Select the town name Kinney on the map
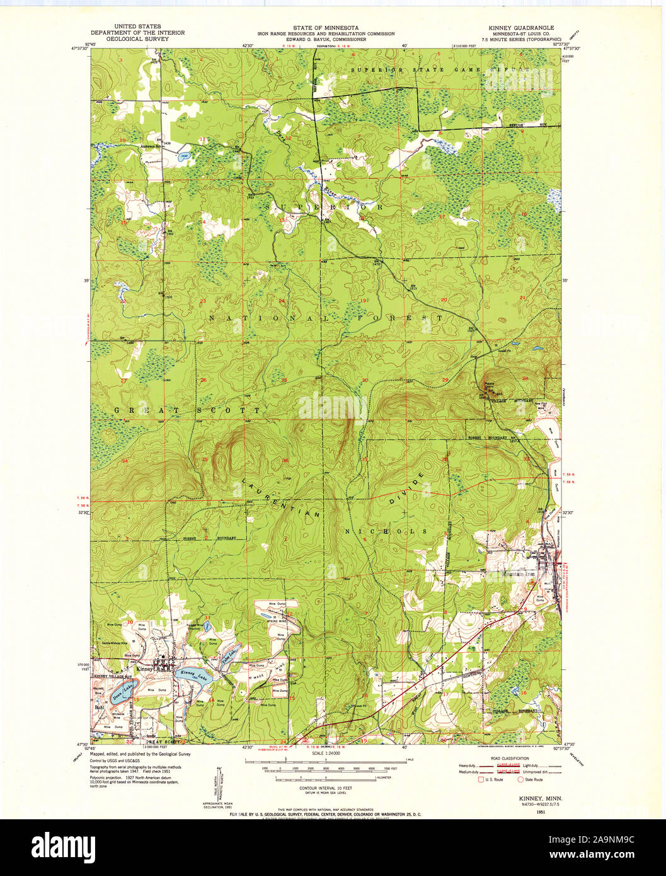(x=146, y=670)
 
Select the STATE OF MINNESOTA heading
(x=325, y=28)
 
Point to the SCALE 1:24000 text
(x=325, y=754)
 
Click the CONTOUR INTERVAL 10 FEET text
(x=325, y=788)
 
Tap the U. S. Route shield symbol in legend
(x=479, y=780)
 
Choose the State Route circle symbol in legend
(x=521, y=780)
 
